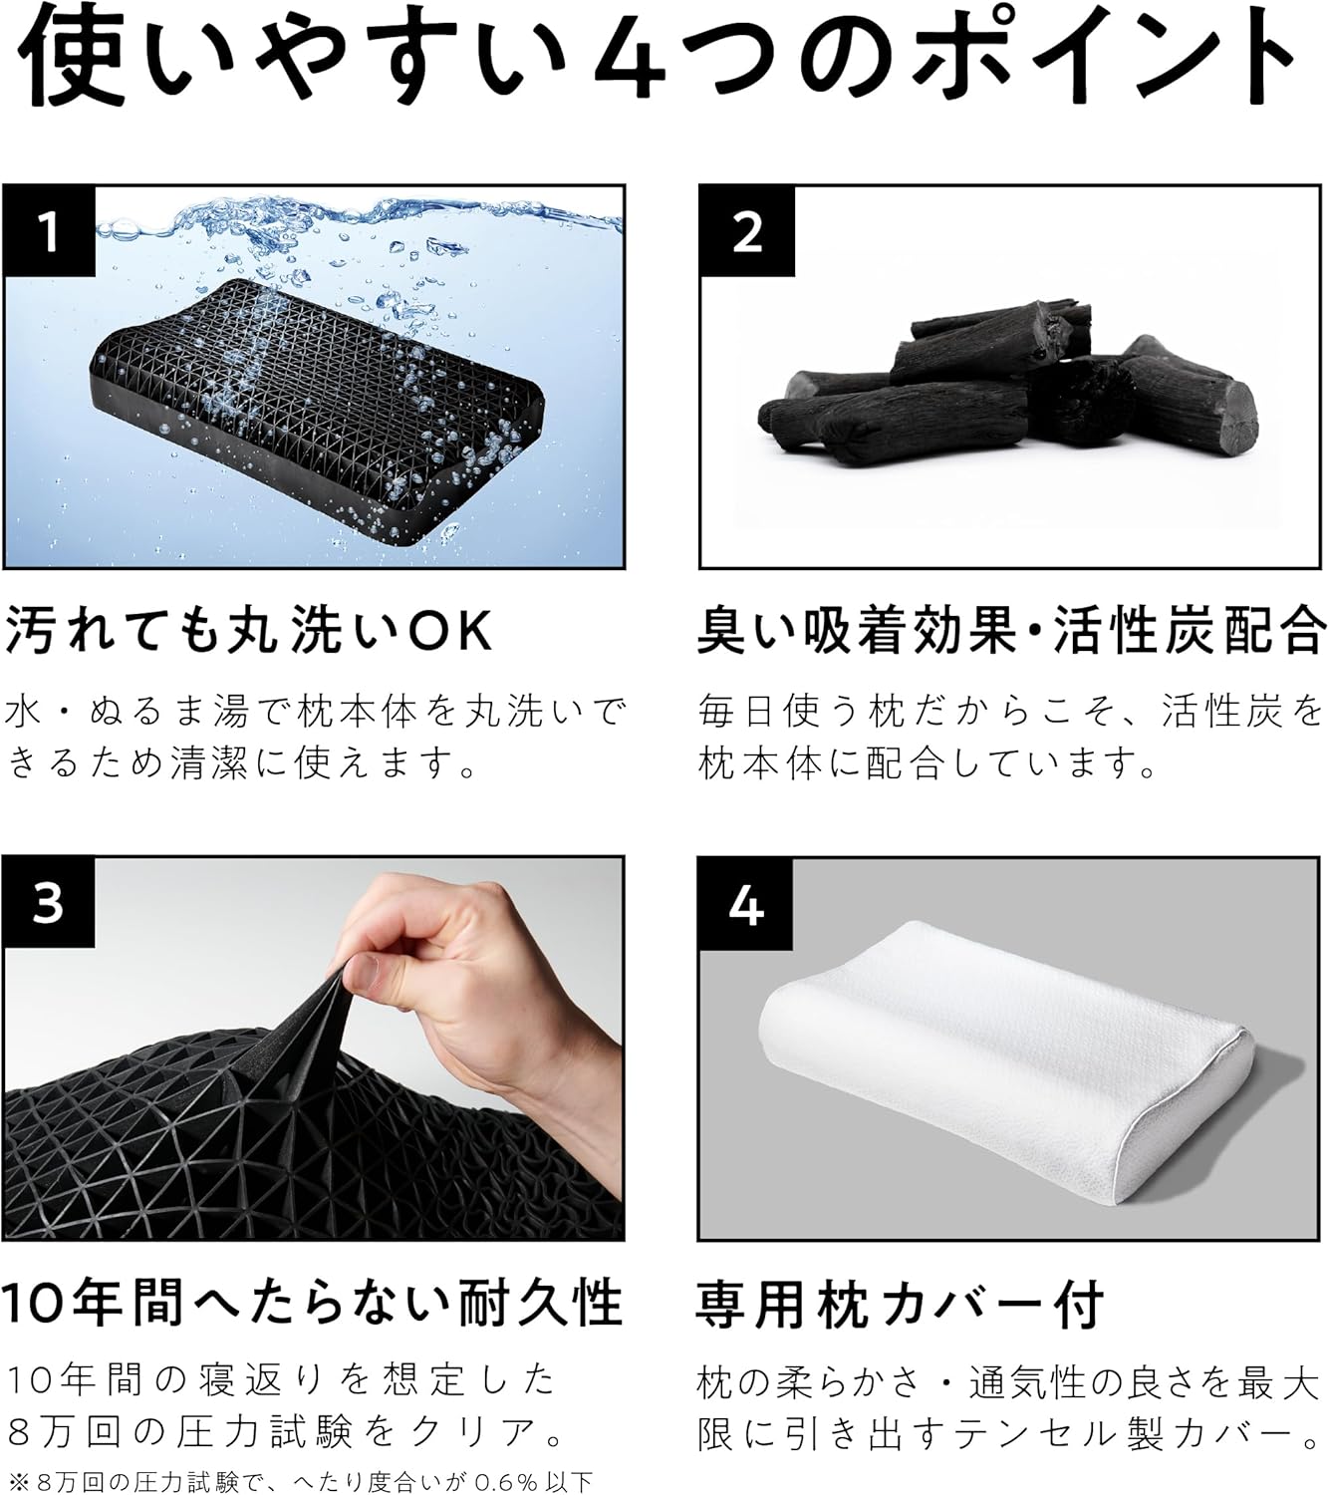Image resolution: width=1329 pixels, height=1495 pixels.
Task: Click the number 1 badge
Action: point(48,231)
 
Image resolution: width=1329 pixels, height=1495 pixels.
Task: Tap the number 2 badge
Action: point(746,231)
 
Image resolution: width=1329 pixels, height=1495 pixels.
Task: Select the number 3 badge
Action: point(48,902)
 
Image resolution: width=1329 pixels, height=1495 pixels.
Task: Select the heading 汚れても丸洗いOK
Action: point(249,632)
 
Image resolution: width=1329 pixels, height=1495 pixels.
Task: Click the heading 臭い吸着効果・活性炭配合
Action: point(1011,632)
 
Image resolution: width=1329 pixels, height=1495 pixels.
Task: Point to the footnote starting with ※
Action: point(299,1480)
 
